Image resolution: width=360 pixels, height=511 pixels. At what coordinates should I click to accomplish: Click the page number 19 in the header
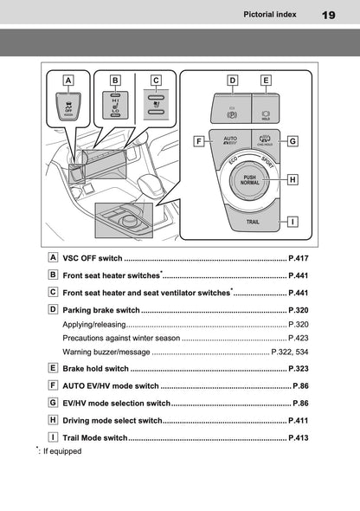[329, 15]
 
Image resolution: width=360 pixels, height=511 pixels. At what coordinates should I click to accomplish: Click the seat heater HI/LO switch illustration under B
[114, 107]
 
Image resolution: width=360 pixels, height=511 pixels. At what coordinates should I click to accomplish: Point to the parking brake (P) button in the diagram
[232, 111]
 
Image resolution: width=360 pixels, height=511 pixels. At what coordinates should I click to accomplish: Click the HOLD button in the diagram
[266, 111]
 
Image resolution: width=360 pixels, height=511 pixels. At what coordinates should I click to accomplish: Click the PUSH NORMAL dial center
[249, 180]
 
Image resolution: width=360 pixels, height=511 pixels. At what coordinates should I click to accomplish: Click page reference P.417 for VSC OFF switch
[298, 258]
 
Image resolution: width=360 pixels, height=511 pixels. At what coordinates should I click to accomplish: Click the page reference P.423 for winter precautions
[298, 338]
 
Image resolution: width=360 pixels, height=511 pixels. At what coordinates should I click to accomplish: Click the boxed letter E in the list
[54, 368]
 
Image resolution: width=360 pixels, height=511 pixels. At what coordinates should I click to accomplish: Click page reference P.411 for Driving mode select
[298, 420]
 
